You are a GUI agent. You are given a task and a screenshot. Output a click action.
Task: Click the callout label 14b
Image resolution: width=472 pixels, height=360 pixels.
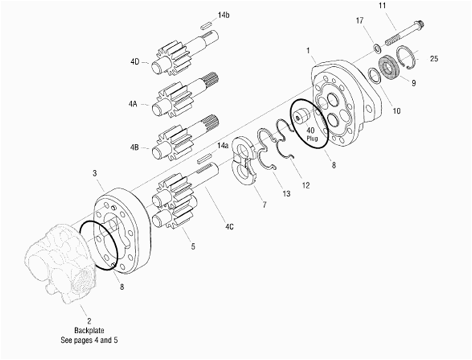(223, 15)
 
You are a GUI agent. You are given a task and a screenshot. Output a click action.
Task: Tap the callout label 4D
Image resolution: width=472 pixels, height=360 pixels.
(135, 62)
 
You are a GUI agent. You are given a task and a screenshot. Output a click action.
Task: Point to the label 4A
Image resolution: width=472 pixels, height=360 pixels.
(133, 104)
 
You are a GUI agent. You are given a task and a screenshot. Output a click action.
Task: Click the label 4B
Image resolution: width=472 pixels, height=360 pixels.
(134, 148)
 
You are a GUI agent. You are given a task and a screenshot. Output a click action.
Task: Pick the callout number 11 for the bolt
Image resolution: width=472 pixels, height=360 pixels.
(382, 6)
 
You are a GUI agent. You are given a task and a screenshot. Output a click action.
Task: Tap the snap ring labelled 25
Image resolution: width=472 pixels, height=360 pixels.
(406, 57)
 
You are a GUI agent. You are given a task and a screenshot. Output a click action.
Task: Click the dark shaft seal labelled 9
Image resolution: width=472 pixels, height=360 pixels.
(389, 69)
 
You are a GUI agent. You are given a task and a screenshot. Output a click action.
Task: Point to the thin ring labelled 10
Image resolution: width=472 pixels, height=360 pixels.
(374, 75)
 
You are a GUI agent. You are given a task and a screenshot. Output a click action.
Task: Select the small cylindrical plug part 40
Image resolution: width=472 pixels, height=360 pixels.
(301, 115)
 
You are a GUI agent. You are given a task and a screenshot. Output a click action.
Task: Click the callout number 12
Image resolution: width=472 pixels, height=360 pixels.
(305, 186)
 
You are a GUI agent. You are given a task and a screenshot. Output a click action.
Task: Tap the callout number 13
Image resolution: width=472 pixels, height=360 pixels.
(286, 193)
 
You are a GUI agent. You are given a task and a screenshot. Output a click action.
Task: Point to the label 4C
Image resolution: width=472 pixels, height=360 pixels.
(229, 227)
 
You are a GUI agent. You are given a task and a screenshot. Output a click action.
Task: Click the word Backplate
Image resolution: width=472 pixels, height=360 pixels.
(89, 331)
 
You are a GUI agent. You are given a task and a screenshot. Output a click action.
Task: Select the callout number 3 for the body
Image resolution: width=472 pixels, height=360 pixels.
(95, 173)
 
